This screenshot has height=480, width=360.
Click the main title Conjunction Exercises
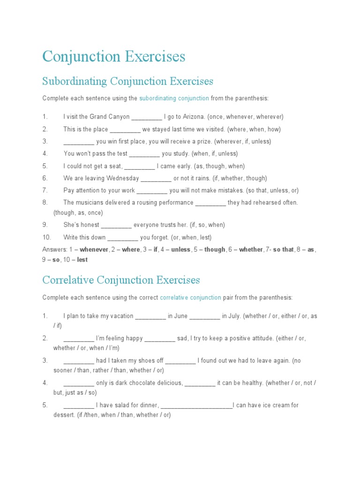tap(113, 57)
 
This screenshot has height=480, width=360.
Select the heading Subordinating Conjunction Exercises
tap(127, 82)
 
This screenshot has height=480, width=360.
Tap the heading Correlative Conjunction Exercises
tap(121, 280)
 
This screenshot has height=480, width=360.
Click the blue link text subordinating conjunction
tap(174, 98)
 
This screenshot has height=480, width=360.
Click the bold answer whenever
tap(94, 249)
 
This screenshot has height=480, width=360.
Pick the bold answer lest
tap(82, 260)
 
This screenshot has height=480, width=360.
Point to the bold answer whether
tap(251, 249)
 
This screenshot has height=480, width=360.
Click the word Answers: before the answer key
tap(54, 249)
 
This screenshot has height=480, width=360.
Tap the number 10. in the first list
tap(46, 237)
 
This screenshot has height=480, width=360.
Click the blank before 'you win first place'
tap(79, 142)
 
